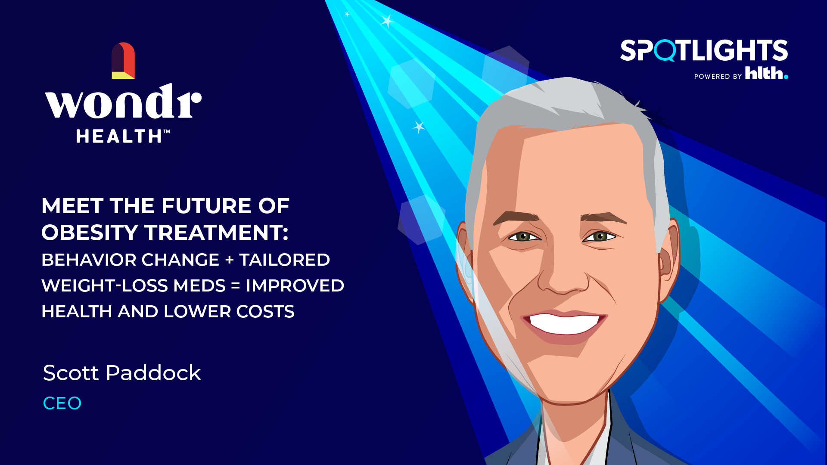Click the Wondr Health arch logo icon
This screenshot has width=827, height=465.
123,60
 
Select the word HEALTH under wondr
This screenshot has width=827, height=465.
119,136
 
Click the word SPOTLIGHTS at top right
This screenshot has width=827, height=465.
704,50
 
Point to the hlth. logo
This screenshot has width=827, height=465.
767,73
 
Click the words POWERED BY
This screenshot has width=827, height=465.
718,77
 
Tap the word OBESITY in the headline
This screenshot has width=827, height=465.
90,232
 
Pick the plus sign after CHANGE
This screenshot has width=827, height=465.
230,260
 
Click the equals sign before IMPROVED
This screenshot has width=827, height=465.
236,285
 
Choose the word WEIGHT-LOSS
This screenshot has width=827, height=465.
134,285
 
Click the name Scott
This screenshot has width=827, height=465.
71,373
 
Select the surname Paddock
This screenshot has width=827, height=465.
153,372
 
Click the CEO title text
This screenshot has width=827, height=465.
62,403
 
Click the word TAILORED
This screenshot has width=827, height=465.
285,260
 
